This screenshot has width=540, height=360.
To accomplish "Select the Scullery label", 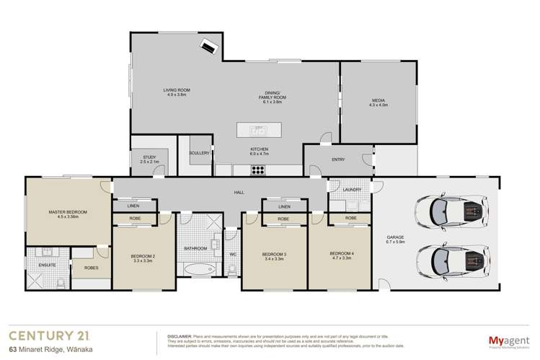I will click(x=200, y=153).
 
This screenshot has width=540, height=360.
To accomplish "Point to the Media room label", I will click(x=378, y=102).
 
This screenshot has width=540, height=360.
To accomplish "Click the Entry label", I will click(x=338, y=160).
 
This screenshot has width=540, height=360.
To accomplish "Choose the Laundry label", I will click(x=352, y=190).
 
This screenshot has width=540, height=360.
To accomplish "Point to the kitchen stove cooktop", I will click(x=258, y=170).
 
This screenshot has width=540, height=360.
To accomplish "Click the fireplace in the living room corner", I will click(x=210, y=45).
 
